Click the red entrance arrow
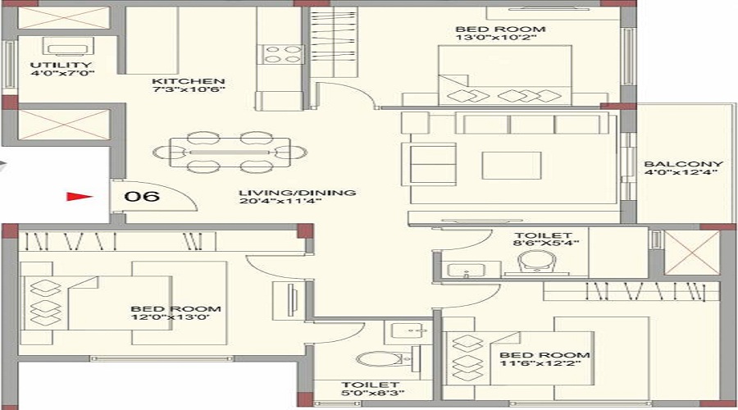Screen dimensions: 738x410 [79, 196]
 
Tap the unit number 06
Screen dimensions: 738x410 [142, 196]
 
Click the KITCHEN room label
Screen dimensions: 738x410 [189, 81]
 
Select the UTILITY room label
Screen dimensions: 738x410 [61, 65]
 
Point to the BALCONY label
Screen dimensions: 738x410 [683, 164]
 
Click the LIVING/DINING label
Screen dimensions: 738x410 [297, 193]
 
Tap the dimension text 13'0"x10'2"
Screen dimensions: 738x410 [496, 37]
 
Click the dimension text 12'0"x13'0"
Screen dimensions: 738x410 [171, 317]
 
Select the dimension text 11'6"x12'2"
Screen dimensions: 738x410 [540, 363]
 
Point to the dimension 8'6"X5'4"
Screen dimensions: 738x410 [546, 243]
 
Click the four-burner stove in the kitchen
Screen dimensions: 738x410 [282, 53]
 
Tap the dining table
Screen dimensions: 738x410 [230, 152]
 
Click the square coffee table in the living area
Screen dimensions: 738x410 [511, 165]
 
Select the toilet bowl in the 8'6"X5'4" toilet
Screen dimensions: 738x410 [536, 262]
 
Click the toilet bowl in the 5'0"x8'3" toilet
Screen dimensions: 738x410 [379, 359]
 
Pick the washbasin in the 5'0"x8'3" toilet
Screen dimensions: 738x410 [408, 332]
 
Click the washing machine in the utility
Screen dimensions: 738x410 [68, 47]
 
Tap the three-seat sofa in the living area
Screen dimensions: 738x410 [532, 123]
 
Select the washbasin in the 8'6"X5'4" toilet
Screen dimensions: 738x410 [466, 270]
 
